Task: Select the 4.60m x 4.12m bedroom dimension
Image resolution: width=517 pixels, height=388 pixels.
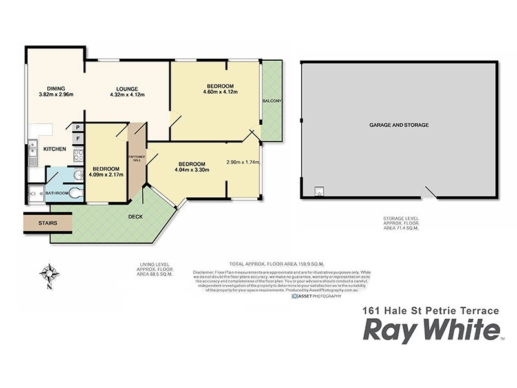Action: click(220, 92)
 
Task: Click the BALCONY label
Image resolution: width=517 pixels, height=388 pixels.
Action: click(272, 101)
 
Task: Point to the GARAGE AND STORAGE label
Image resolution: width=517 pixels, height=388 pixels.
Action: click(399, 125)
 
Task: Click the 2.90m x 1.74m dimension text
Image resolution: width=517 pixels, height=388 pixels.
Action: click(243, 162)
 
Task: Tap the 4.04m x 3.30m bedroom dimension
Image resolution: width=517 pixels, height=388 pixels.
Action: click(192, 170)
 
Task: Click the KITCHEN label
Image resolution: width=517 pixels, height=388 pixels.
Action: click(54, 149)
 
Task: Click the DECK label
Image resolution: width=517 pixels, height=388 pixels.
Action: click(135, 217)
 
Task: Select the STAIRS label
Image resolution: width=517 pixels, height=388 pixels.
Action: click(47, 223)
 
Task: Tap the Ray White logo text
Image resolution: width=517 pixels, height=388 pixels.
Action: click(432, 330)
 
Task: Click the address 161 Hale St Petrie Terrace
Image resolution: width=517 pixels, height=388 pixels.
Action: click(430, 310)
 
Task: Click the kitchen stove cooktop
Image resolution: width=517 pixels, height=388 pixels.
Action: click(78, 155)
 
